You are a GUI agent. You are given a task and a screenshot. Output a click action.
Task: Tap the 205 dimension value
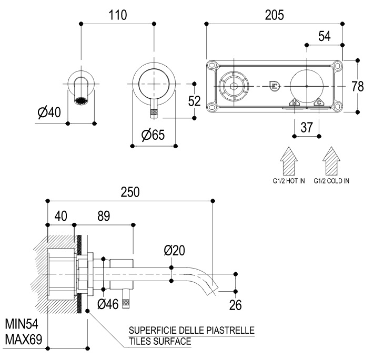pos(274,15)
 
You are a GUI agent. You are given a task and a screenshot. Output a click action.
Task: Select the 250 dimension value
pos(130,192)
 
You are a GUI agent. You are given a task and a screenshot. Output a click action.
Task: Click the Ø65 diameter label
pos(153,135)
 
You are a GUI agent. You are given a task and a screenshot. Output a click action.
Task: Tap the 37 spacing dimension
pos(307,127)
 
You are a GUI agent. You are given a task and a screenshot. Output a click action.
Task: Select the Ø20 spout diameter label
pos(175,251)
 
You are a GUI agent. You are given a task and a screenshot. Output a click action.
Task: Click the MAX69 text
pos(23,339)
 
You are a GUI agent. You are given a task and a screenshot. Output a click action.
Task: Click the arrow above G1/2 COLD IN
pos(331,160)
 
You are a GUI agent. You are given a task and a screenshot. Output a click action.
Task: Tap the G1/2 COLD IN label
pos(331,181)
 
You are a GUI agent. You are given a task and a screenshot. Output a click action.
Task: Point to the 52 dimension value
pos(195,101)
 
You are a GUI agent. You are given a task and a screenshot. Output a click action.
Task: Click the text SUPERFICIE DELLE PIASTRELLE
pos(191,330)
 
